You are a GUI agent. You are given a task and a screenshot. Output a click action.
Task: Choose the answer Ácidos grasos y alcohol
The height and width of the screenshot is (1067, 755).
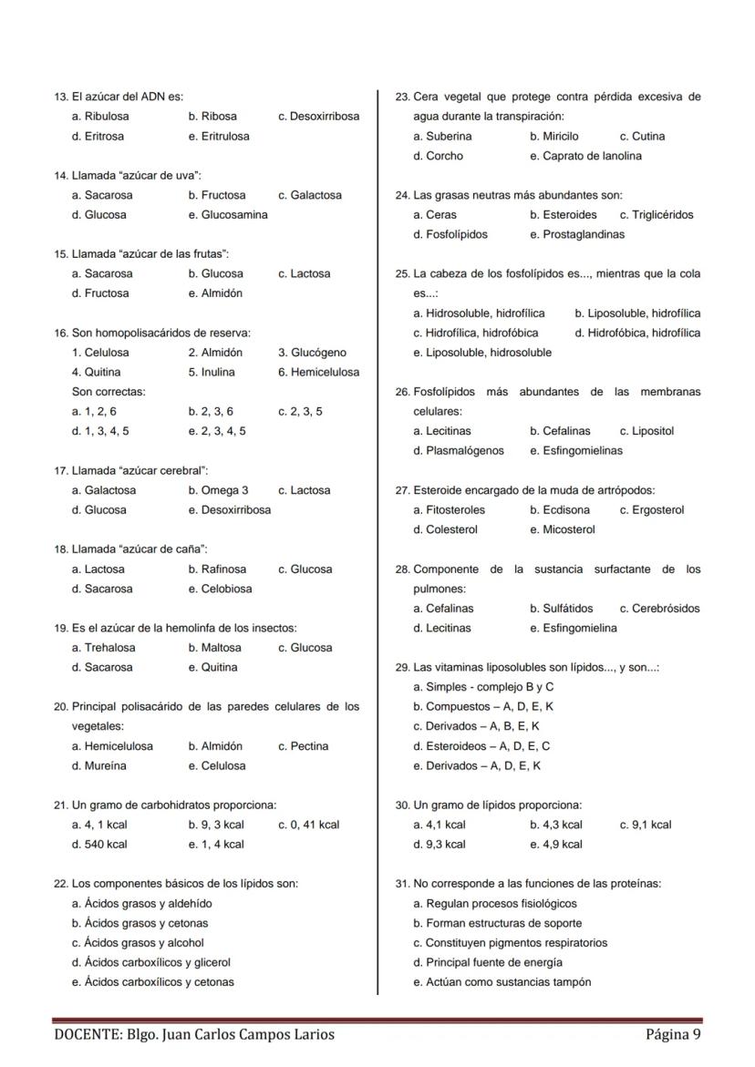click(x=138, y=943)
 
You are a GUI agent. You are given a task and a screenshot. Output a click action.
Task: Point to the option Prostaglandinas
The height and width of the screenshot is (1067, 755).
click(x=577, y=234)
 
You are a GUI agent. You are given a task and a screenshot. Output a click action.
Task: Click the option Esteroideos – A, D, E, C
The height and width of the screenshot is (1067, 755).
click(x=481, y=746)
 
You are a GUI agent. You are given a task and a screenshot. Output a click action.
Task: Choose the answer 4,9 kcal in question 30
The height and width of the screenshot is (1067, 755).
click(x=556, y=845)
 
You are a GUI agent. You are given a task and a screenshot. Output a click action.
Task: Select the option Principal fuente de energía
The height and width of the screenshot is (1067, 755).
click(x=488, y=962)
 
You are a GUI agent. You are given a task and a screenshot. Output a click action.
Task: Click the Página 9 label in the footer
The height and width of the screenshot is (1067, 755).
click(x=673, y=1034)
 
